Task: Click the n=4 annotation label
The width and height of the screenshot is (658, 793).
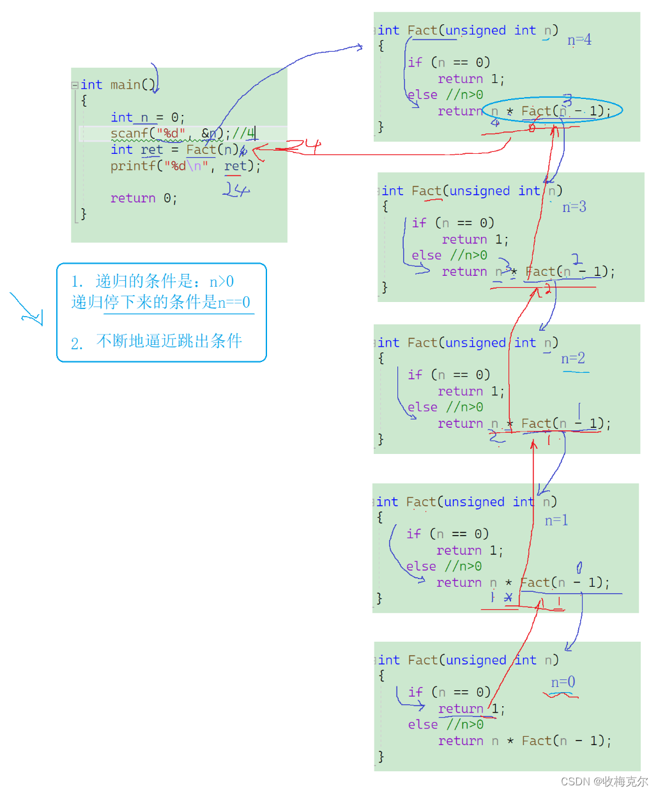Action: pos(579,40)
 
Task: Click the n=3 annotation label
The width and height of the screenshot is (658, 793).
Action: pos(574,207)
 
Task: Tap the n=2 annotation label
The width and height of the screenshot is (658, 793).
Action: pos(573,359)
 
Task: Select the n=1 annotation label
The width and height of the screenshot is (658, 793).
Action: pos(556,520)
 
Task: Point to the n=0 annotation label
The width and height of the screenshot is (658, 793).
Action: pos(563,683)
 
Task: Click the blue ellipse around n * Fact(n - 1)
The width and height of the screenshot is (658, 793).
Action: pos(552,110)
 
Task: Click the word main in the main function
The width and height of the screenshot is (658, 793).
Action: pos(125,85)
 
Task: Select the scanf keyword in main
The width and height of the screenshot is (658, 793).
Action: pos(129,133)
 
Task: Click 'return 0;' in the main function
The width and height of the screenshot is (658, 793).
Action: pos(143,199)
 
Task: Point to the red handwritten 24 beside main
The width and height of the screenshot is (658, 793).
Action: pos(303,146)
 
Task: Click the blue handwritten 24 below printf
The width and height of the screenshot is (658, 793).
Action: pos(236,190)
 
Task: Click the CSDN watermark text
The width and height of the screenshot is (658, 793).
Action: pos(604,782)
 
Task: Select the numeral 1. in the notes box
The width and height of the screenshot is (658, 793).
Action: pos(77,282)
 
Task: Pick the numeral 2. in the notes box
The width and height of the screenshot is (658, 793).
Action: pos(77,344)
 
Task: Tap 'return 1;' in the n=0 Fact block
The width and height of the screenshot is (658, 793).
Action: pos(471,709)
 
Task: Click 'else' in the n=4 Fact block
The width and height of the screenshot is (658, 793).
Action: pos(422,95)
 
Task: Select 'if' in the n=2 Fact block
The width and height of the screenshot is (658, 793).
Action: pos(415,375)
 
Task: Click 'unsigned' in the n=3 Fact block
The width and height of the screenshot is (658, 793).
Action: pos(480,191)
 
